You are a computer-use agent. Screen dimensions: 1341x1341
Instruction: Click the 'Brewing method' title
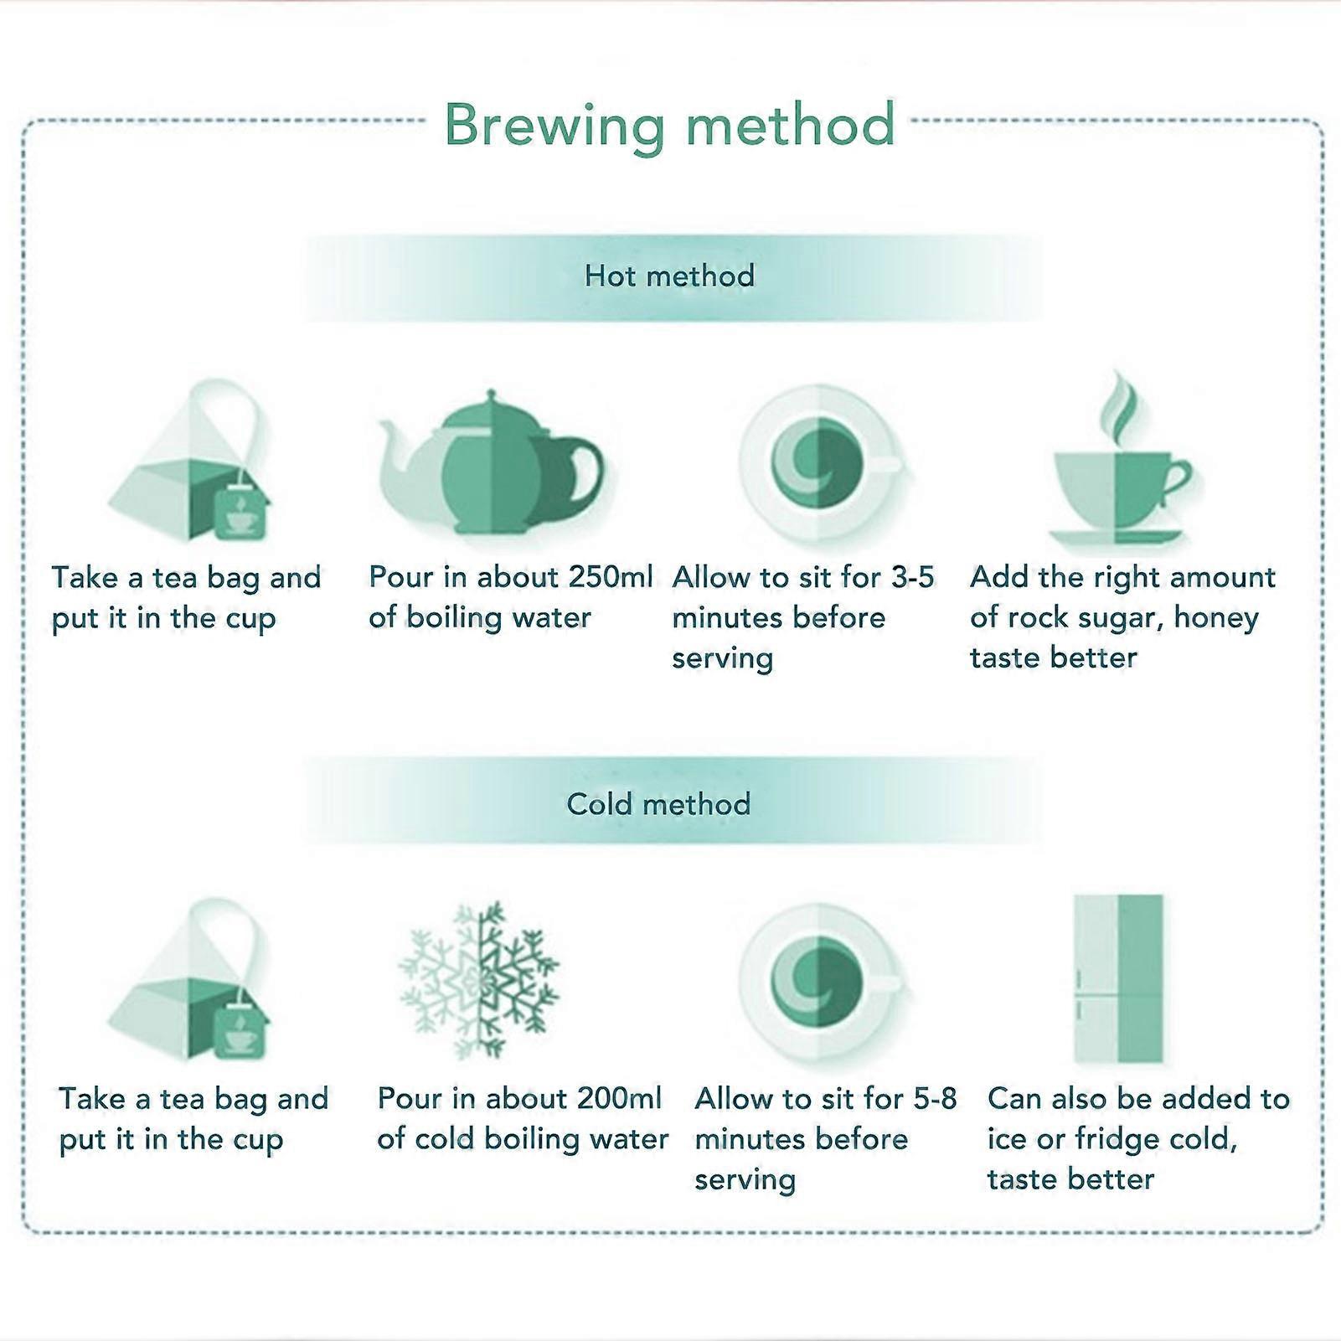click(x=669, y=126)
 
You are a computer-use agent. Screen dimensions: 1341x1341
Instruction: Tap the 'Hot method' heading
click(x=670, y=276)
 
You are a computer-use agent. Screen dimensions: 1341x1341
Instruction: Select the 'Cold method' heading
click(x=658, y=804)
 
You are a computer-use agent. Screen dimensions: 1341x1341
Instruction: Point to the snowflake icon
click(x=479, y=980)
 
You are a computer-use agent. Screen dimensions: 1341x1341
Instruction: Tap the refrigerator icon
click(x=1119, y=978)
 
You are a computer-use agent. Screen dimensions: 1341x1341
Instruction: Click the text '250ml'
click(x=611, y=576)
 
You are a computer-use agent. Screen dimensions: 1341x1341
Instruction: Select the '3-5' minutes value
click(x=912, y=576)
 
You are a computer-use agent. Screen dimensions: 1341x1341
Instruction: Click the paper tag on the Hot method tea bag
click(x=240, y=513)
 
